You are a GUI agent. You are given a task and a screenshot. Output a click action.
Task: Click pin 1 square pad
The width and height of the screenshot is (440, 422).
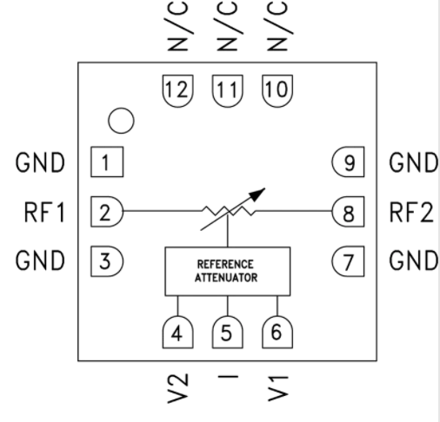(x=107, y=162)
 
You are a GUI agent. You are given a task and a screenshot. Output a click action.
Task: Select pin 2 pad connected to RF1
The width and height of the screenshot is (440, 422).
(x=107, y=212)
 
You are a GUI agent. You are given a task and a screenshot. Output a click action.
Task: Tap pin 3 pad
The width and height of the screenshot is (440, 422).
(x=107, y=261)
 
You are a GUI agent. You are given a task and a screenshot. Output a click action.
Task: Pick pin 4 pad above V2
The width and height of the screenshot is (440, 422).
(x=177, y=332)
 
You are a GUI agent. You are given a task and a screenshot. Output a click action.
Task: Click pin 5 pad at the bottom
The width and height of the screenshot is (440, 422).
(x=228, y=332)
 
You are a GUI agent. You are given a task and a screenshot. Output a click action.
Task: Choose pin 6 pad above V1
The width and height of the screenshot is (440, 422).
(x=277, y=332)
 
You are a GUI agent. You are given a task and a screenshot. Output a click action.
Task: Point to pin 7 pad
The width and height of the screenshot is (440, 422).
(x=348, y=261)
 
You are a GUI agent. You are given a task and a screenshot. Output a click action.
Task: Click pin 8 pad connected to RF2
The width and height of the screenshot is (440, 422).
(x=348, y=212)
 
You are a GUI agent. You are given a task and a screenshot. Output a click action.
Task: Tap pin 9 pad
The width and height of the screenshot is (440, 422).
(x=348, y=162)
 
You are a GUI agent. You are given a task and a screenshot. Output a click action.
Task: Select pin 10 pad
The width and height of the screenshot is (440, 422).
(x=277, y=91)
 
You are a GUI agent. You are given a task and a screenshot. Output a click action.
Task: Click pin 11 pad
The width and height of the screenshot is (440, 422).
(x=228, y=91)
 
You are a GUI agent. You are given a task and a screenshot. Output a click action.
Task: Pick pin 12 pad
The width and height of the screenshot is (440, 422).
(x=177, y=91)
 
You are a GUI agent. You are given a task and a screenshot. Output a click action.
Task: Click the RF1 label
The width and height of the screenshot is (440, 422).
(x=44, y=212)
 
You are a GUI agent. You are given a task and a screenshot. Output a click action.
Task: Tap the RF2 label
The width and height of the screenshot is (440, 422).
(x=411, y=212)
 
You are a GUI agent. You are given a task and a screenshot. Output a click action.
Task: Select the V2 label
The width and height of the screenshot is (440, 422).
(x=178, y=388)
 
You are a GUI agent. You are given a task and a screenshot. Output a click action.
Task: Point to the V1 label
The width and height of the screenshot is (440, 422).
(x=277, y=389)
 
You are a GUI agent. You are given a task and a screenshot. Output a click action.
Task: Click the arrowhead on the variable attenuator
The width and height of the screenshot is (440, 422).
(x=257, y=194)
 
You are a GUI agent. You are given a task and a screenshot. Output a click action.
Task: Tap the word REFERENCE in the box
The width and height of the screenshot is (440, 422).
(x=225, y=264)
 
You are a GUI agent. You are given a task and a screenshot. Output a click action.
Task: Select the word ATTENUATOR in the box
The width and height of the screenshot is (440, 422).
(x=226, y=278)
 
